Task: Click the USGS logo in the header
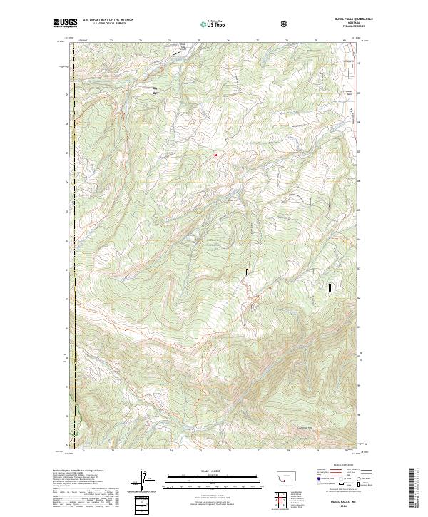[x=65, y=23]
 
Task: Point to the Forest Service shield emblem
[x=285, y=24]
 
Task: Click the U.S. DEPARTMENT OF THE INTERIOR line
[x=108, y=20]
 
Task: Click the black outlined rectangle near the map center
[x=248, y=272]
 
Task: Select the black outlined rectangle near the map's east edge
[x=330, y=287]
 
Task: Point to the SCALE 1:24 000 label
[x=203, y=471]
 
